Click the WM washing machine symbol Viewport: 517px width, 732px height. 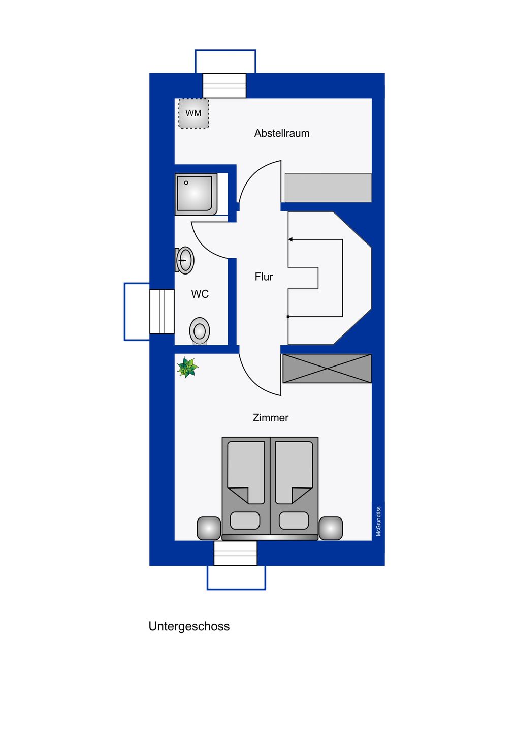pyautogui.click(x=193, y=113)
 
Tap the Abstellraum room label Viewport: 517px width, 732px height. pyautogui.click(x=282, y=133)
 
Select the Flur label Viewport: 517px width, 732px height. pyautogui.click(x=264, y=277)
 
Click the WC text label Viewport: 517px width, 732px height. pyautogui.click(x=200, y=294)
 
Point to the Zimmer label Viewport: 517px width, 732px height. pyautogui.click(x=271, y=418)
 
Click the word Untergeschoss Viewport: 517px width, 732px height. pyautogui.click(x=189, y=626)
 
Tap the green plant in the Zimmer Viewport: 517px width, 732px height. pyautogui.click(x=187, y=368)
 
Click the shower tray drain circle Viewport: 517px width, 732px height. pyautogui.click(x=186, y=182)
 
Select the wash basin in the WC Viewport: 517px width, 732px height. pyautogui.click(x=184, y=260)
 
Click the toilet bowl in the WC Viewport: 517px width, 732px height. pyautogui.click(x=200, y=331)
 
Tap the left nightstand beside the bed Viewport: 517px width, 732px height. pyautogui.click(x=209, y=529)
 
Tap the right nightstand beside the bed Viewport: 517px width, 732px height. pyautogui.click(x=331, y=529)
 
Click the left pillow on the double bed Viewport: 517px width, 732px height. pyautogui.click(x=245, y=520)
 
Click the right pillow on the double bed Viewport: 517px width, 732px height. pyautogui.click(x=294, y=520)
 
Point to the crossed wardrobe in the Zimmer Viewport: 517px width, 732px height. pyautogui.click(x=327, y=369)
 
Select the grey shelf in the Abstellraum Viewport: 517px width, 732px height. pyautogui.click(x=328, y=188)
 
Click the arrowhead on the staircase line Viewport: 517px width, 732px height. pyautogui.click(x=290, y=239)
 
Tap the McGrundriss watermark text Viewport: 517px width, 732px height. pyautogui.click(x=379, y=521)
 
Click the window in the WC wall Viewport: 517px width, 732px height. pyautogui.click(x=162, y=312)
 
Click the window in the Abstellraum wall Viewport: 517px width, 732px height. pyautogui.click(x=224, y=85)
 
